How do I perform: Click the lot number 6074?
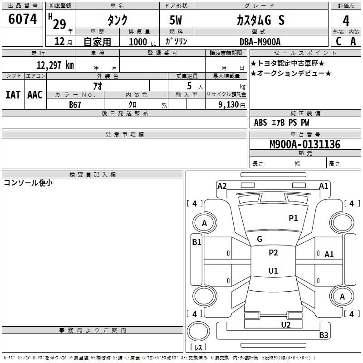coord(23,19)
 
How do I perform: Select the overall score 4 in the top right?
coord(346,21)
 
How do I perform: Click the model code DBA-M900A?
coord(260,42)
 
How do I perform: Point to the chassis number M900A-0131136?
coord(304,144)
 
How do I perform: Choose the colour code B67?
coord(75,104)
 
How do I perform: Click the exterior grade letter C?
coord(338,41)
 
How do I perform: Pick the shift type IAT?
coord(13,95)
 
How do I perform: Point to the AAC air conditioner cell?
coord(35,95)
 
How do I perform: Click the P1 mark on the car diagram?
coord(293,218)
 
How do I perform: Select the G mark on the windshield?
coord(260,239)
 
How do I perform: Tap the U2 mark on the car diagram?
coord(285,324)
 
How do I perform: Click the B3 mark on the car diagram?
coord(324,335)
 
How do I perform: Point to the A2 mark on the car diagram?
coord(222,186)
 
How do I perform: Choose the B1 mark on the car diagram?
coord(196,242)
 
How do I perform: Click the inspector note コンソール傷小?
coord(28,183)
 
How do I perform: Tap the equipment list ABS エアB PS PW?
coord(282,123)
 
